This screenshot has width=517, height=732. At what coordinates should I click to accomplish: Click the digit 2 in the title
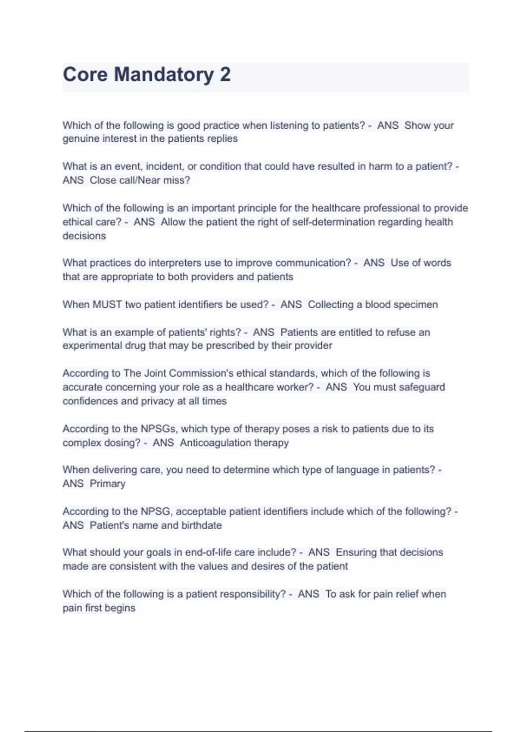click(225, 74)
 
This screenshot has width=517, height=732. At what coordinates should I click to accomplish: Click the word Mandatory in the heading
click(164, 74)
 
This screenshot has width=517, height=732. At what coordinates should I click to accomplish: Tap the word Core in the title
click(85, 74)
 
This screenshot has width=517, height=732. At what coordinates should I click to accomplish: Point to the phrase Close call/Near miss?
click(140, 180)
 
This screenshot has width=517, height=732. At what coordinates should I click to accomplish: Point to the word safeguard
click(422, 387)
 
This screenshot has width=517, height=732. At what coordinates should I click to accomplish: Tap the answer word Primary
click(107, 484)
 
